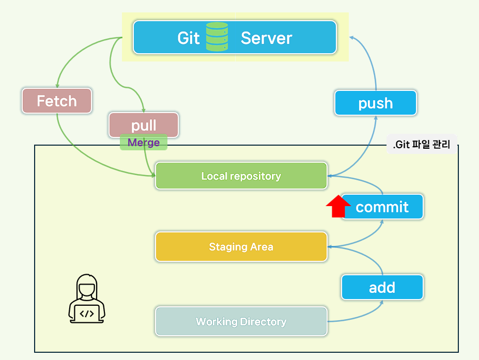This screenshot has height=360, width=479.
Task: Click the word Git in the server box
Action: coord(188,38)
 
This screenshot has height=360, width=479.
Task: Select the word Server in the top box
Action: coord(266,38)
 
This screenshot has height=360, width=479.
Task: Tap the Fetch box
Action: coord(57,101)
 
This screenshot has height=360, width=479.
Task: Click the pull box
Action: coord(144,125)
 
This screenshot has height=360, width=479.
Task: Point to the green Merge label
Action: coord(144,143)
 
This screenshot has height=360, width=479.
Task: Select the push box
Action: coord(376,103)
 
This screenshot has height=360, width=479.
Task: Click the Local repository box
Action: coord(241,176)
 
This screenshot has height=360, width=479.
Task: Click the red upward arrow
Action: coord(338,206)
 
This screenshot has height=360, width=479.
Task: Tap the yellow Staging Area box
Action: coord(241,247)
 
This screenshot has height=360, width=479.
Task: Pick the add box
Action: coord(382,287)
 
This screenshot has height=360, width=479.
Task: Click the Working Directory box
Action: coord(241,322)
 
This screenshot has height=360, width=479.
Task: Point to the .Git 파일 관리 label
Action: coord(422,145)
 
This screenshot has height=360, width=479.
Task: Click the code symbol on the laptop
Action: coord(87,313)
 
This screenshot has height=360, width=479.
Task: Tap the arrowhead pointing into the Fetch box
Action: coord(57,85)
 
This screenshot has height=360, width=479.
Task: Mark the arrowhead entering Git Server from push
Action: coord(351,37)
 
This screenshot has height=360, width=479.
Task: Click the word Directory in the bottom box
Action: coord(261,322)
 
